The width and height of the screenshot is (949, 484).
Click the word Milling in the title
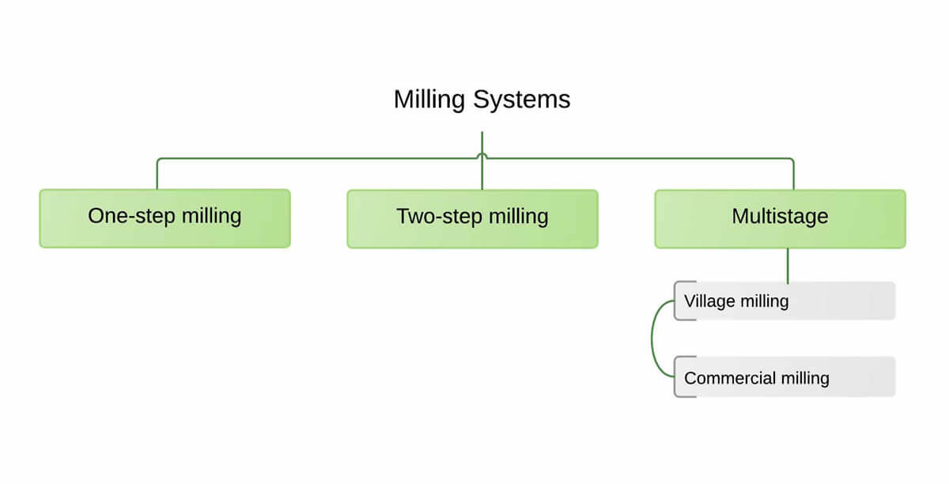pos(429,100)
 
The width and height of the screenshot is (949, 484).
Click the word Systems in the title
pos(521,100)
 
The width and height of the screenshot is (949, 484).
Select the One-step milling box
pos(164,218)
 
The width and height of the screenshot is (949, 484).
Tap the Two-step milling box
pos(472,219)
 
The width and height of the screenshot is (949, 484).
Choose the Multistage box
pos(780,219)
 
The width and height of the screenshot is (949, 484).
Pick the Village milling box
pos(785,301)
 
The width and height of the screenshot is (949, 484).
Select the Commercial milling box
pos(785,376)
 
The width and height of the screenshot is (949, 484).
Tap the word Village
pos(709,301)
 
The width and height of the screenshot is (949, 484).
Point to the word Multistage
pos(780,217)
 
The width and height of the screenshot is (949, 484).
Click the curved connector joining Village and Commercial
pos(652,338)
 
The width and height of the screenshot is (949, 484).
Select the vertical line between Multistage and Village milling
pos(788,266)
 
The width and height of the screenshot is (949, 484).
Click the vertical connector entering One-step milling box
pos(157,175)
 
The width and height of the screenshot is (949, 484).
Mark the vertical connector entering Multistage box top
pos(793,175)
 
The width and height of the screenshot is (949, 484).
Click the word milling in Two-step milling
pos(519,217)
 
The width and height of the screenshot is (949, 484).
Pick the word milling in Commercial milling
pos(805,378)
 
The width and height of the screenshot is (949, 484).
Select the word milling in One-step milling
pos(212,216)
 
